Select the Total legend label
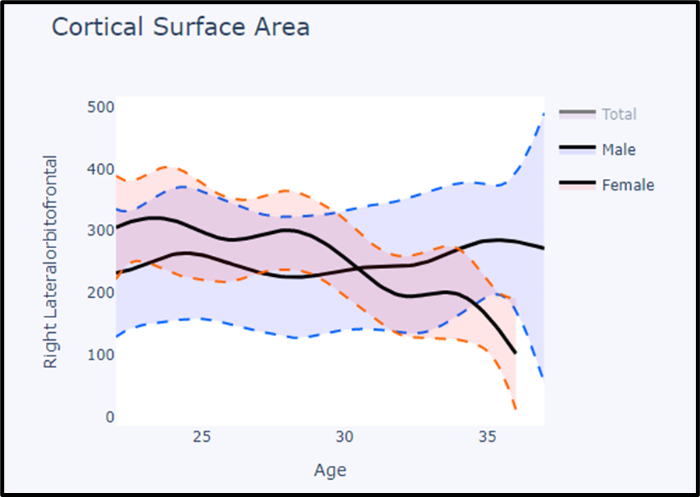tap(619, 114)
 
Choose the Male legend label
tap(618, 149)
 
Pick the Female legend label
tap(628, 185)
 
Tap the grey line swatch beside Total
tap(576, 114)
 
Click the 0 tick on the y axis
tap(110, 417)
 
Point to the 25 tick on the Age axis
tap(202, 436)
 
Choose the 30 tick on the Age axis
tap(345, 436)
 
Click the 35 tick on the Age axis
tap(487, 436)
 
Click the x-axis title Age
tap(330, 470)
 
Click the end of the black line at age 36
tap(515, 353)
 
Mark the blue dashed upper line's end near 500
tap(543, 114)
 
